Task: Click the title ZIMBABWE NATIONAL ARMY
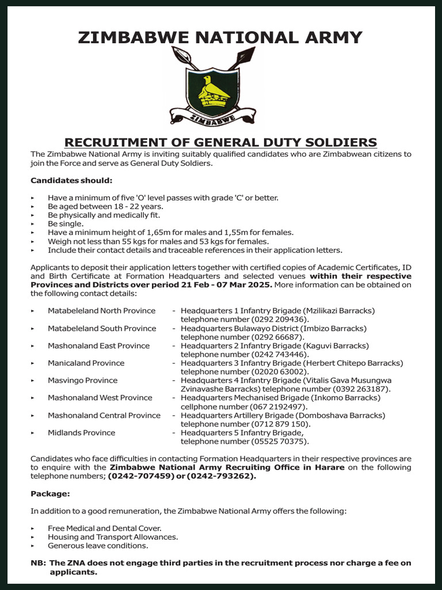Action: [x=220, y=37]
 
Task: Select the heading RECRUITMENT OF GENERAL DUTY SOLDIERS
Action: [x=220, y=142]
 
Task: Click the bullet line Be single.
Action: [x=66, y=224]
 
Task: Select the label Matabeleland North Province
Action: [x=101, y=311]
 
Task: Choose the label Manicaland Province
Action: [x=86, y=363]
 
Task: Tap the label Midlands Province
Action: [x=81, y=433]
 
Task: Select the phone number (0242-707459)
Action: [x=140, y=476]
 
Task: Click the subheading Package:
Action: [x=50, y=494]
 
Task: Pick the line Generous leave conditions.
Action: [x=98, y=546]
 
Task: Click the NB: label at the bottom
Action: [x=39, y=563]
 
